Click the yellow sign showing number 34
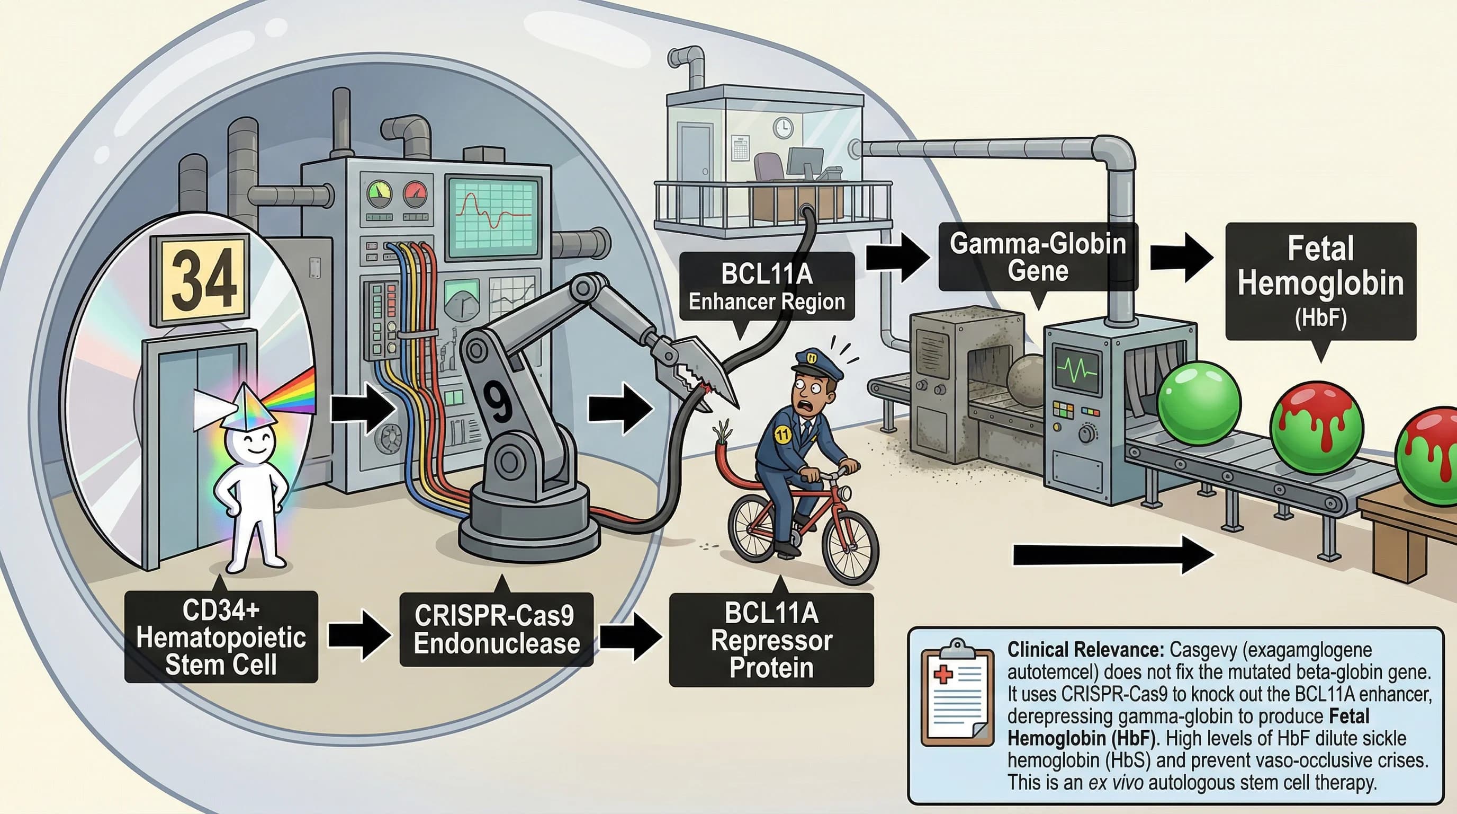[200, 279]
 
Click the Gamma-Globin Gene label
[1037, 257]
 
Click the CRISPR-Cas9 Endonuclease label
[496, 630]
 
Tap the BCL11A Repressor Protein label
[771, 640]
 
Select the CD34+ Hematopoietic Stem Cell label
[221, 637]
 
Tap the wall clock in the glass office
[783, 128]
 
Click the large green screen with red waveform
[493, 216]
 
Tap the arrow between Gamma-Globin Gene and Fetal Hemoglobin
[1181, 258]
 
